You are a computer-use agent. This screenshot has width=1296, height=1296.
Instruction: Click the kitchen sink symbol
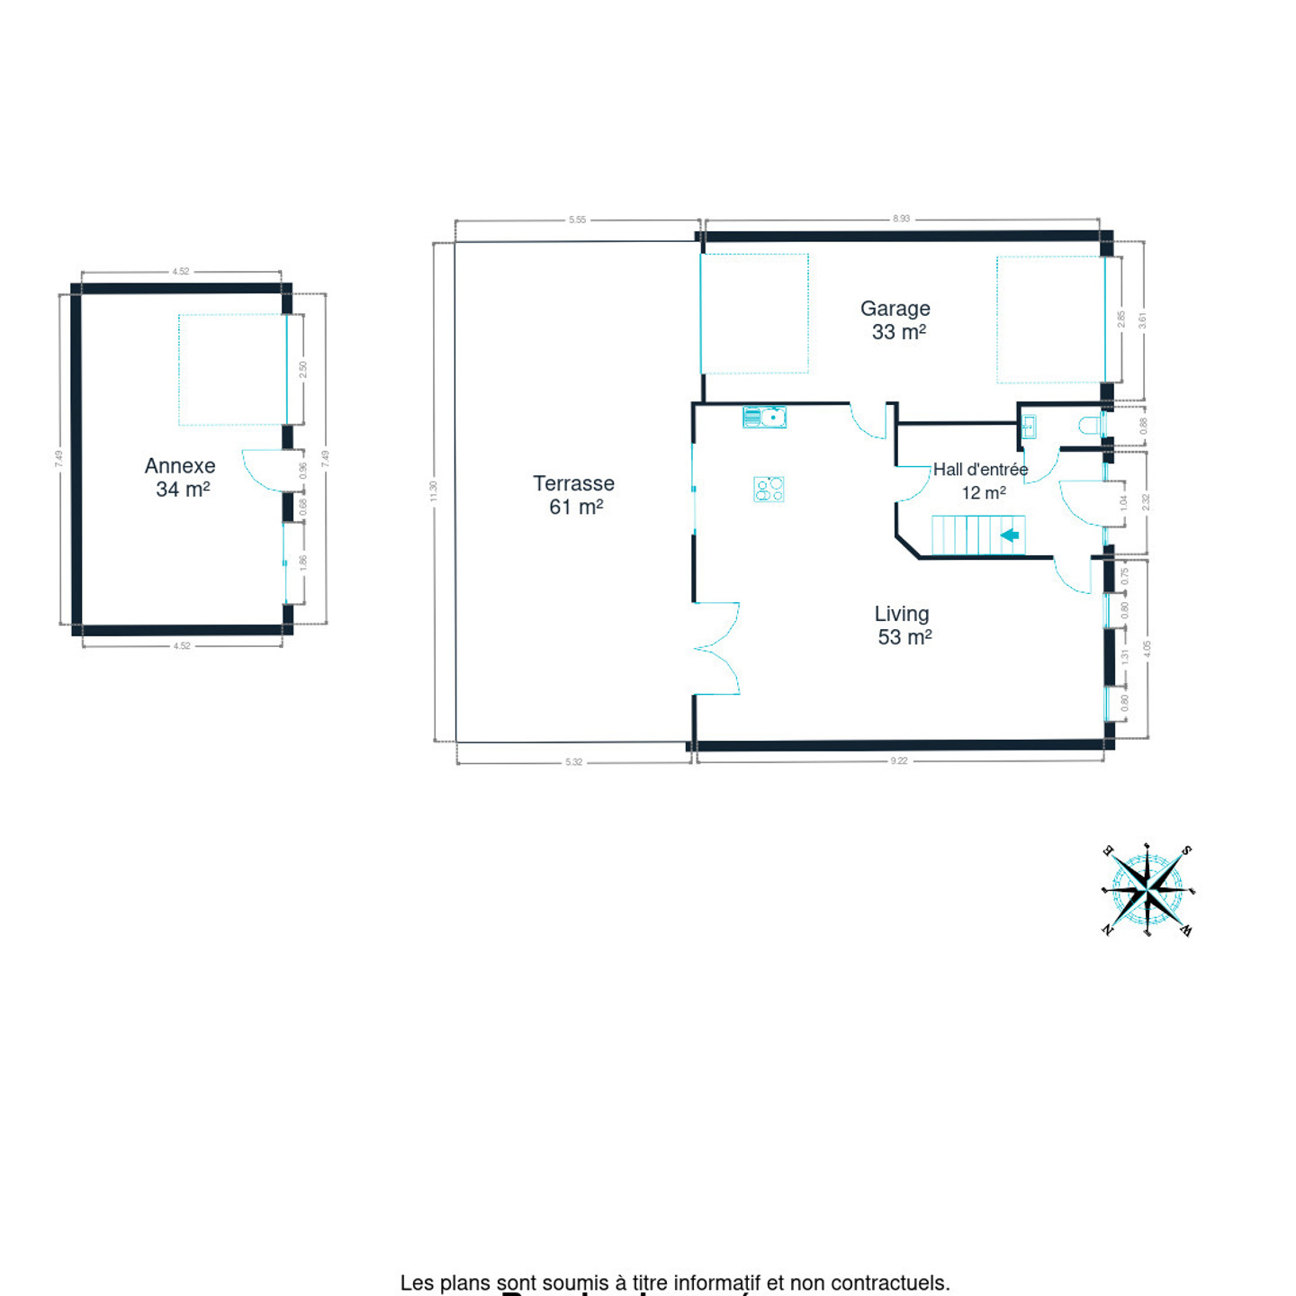[764, 417]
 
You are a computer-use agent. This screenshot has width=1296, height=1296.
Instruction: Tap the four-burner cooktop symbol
[769, 489]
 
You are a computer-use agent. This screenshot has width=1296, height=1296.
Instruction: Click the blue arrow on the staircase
[1010, 535]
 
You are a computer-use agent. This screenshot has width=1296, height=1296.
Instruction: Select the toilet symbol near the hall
[1091, 425]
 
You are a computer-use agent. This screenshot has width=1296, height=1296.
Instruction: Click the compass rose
[1147, 890]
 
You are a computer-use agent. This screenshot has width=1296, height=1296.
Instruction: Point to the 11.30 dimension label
[433, 491]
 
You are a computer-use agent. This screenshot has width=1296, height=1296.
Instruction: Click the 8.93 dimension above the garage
[901, 219]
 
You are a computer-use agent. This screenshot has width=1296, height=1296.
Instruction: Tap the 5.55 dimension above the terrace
[577, 220]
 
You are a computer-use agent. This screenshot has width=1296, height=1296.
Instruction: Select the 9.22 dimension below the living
[899, 761]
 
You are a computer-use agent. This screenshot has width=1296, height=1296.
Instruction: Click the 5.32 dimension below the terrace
[573, 762]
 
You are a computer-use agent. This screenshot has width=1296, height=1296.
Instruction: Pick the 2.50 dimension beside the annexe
[303, 369]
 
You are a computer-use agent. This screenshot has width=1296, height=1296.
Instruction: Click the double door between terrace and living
[716, 648]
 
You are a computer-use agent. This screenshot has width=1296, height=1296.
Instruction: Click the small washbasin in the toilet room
[1029, 427]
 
